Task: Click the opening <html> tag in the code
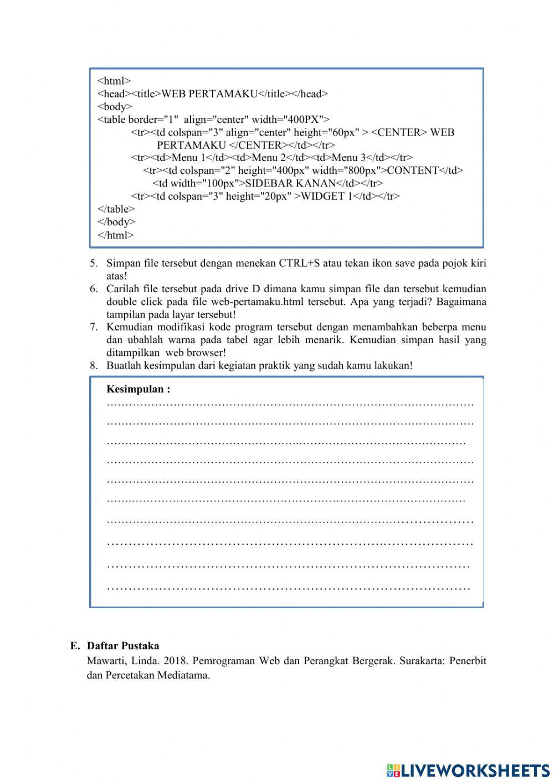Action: pos(114,81)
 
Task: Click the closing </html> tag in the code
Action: pos(115,235)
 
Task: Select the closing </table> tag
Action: pos(116,209)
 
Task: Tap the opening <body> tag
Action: pos(115,106)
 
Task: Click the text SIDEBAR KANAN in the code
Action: pos(290,183)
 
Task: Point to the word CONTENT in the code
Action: pos(413,170)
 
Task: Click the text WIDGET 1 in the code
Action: pos(326,196)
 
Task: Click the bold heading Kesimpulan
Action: pos(138,389)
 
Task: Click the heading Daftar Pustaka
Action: pos(123,646)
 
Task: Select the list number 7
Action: pos(94,327)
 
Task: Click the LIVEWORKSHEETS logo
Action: pos(468,770)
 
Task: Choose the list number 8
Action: pos(94,366)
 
